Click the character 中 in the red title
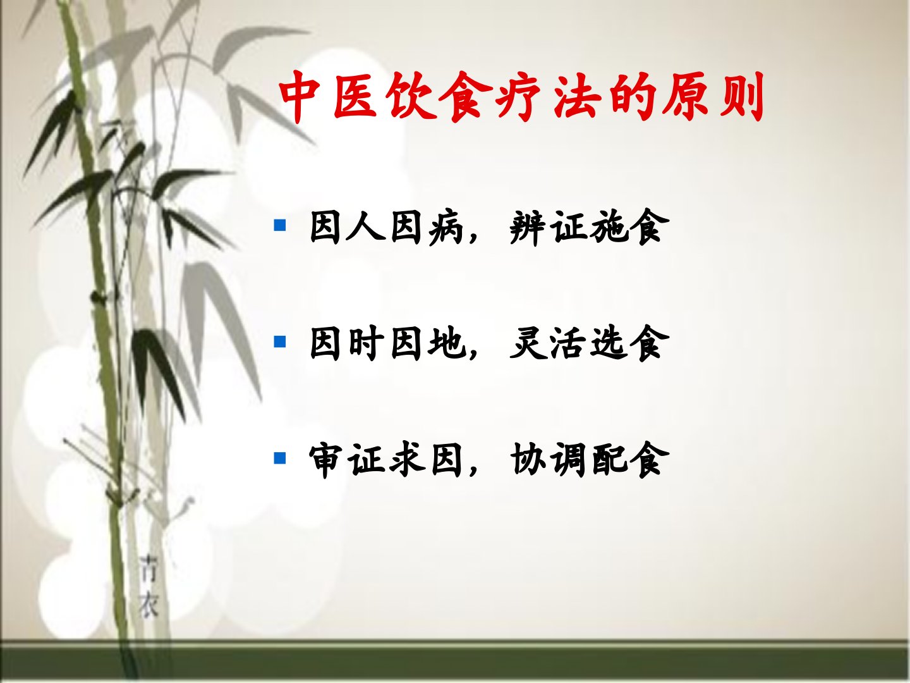(x=302, y=97)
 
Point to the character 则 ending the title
(x=741, y=98)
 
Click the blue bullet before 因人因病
(x=280, y=225)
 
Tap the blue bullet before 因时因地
(x=280, y=341)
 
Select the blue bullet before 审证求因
(x=280, y=458)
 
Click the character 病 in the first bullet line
(x=446, y=227)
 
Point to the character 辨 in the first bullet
(x=527, y=227)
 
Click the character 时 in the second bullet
(x=366, y=343)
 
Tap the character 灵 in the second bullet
(x=527, y=343)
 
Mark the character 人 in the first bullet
(x=366, y=227)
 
